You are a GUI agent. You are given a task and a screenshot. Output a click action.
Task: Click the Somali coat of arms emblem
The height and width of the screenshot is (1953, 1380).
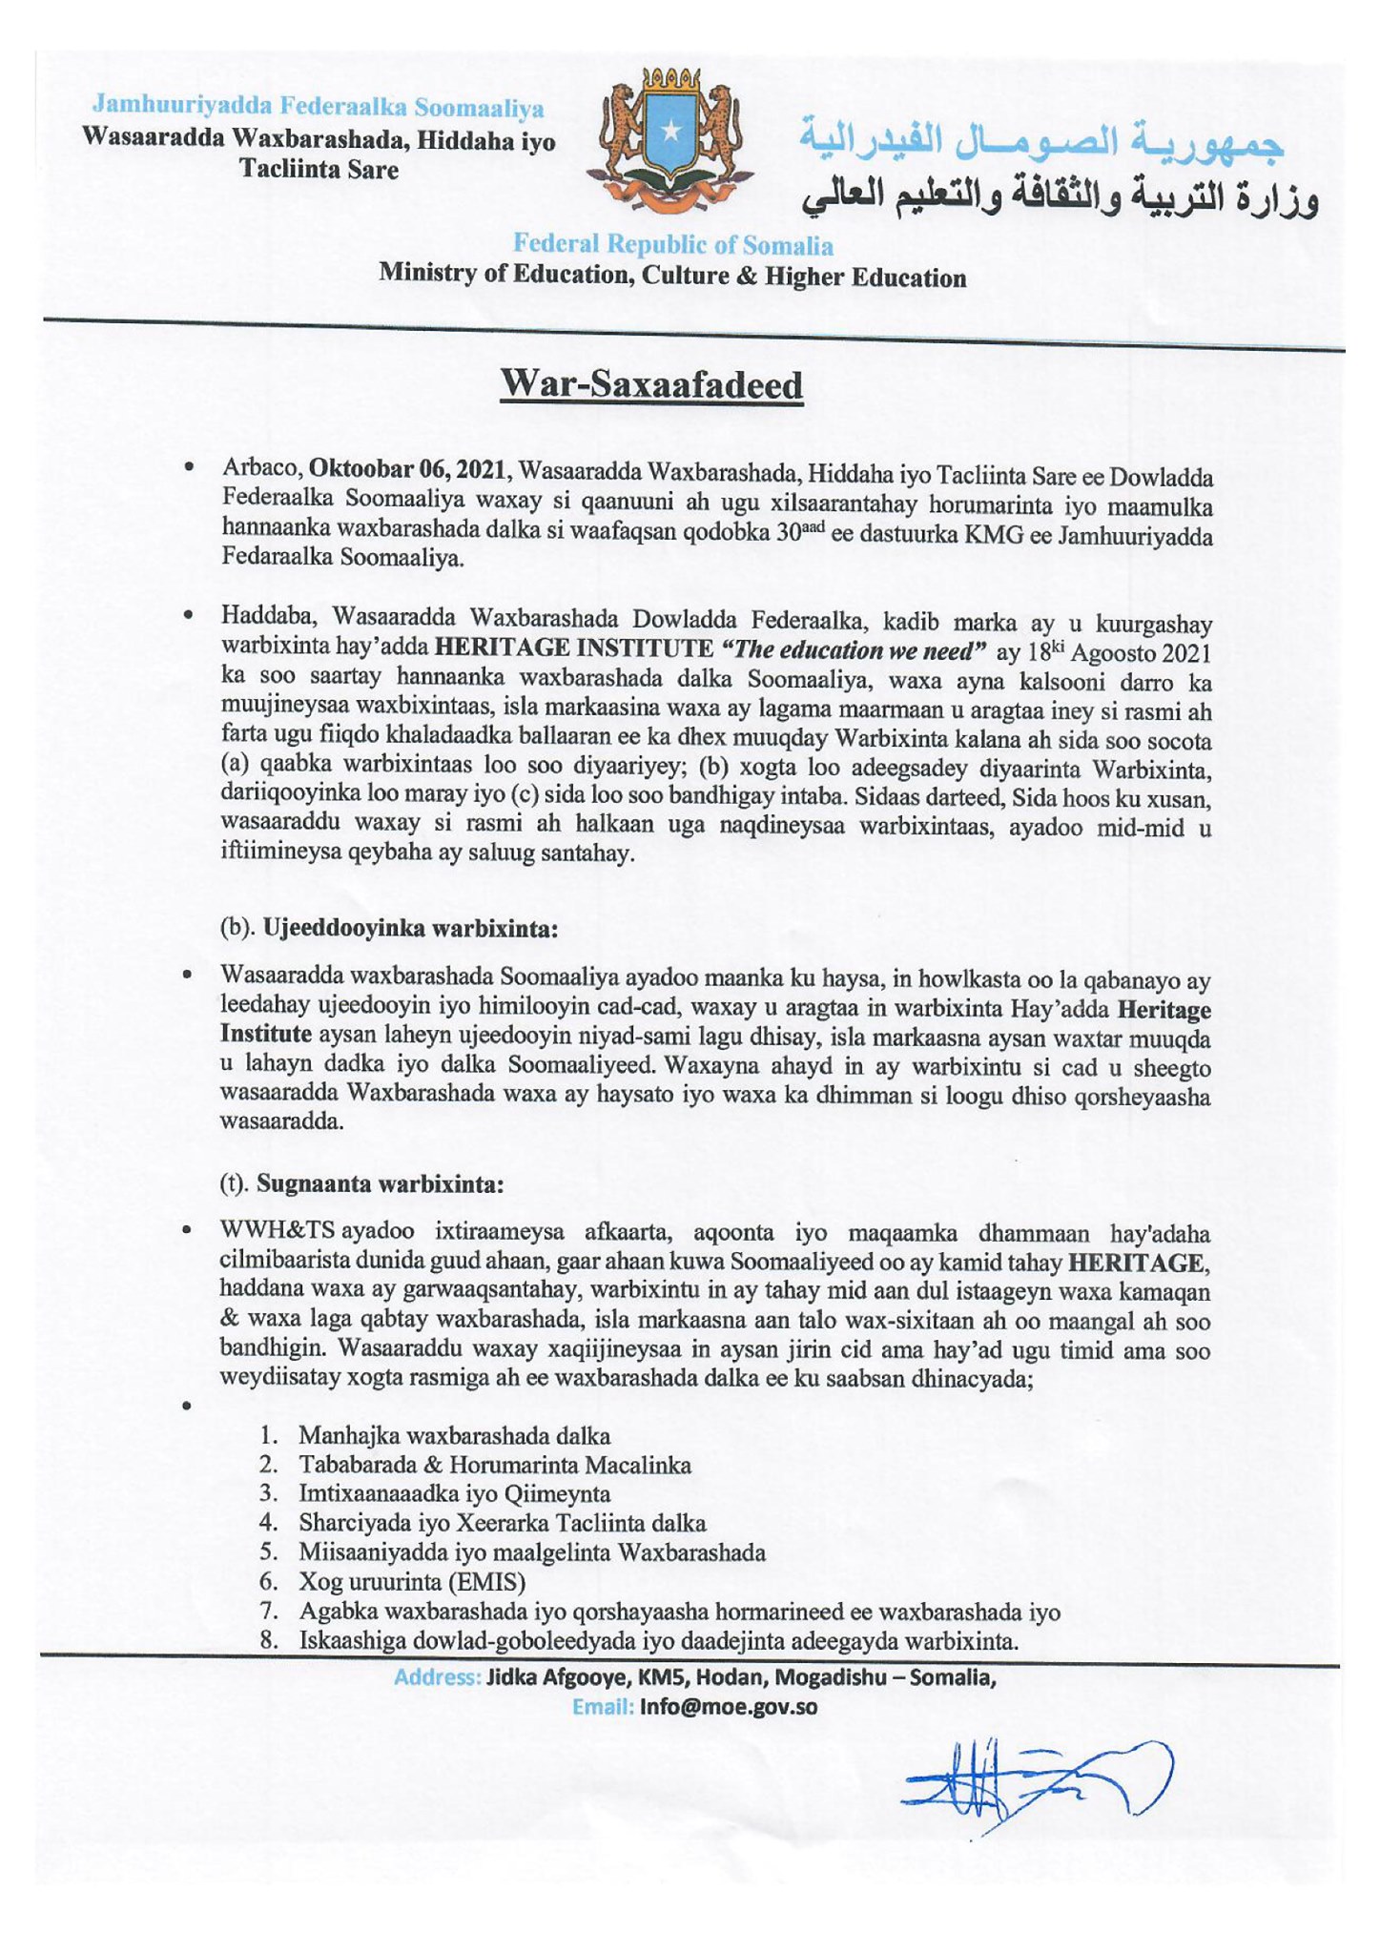coord(672,139)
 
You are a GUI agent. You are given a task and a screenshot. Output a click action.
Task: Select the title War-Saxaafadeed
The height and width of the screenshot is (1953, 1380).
coord(651,385)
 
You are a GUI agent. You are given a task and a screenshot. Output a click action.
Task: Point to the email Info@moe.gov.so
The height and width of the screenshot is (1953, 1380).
coord(729,1707)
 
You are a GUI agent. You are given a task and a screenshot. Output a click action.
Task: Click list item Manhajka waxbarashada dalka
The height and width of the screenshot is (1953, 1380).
coord(454,1435)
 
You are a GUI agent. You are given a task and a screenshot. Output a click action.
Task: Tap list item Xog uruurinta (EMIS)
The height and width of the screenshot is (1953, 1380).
coord(412,1582)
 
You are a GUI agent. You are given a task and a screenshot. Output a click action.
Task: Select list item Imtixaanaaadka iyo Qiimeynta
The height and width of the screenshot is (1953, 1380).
coord(454,1493)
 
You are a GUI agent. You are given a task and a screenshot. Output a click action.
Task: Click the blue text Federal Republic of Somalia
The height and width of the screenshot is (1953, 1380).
coord(672,245)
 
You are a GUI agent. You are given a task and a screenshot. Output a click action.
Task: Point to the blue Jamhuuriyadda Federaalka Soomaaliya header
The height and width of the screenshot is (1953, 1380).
coord(319,107)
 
